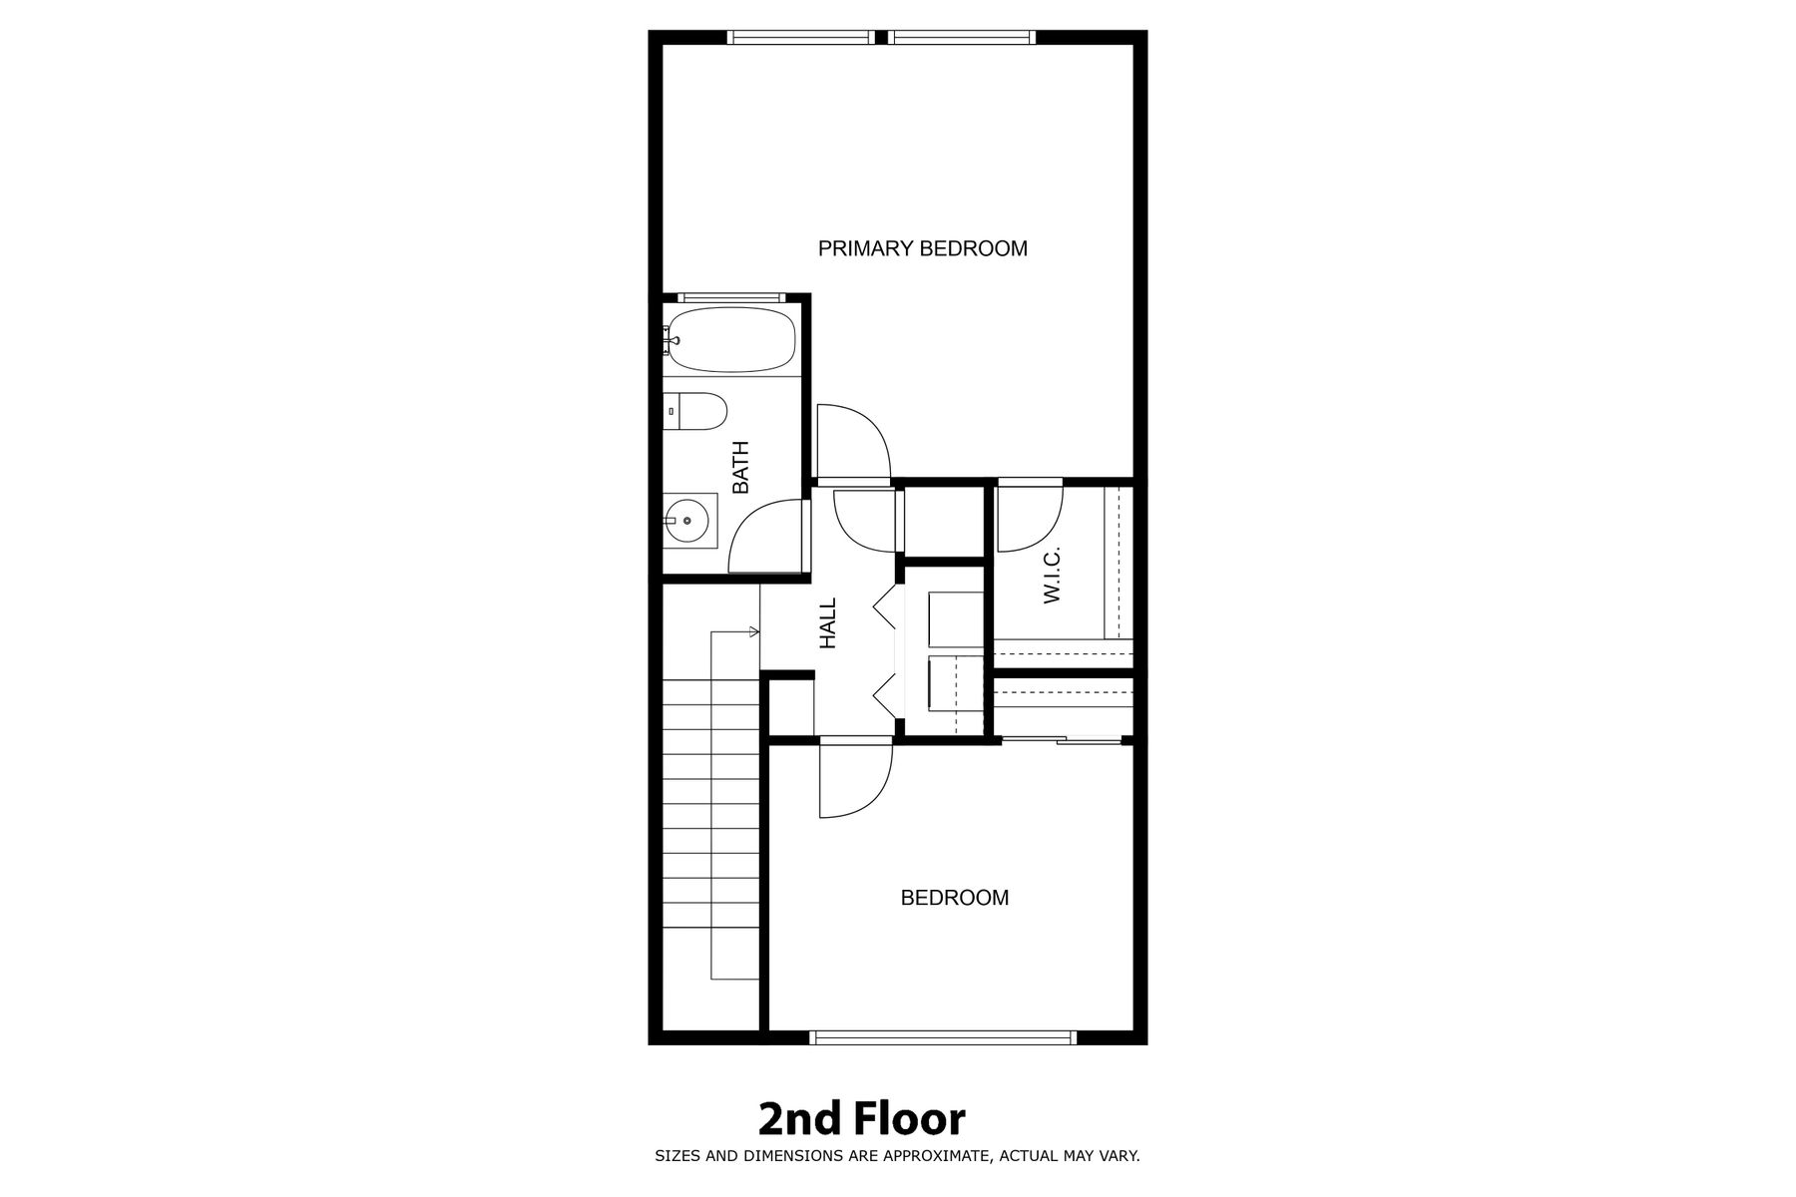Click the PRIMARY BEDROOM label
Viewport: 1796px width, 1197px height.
click(923, 248)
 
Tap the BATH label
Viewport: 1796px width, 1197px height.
click(740, 468)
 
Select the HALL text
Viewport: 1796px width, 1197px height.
click(828, 623)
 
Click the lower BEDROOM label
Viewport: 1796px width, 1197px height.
click(955, 898)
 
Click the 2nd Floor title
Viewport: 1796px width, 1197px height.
click(862, 1119)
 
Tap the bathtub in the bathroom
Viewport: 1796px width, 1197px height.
click(730, 339)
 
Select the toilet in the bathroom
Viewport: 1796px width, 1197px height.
click(695, 411)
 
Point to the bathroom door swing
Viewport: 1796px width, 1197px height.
click(766, 536)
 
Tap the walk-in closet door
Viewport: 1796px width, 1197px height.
click(1031, 517)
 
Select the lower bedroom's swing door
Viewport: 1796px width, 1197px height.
click(855, 779)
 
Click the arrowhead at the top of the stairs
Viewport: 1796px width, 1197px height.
click(754, 630)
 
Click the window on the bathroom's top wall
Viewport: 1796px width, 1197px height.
click(730, 296)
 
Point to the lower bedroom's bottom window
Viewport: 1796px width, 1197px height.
click(944, 1037)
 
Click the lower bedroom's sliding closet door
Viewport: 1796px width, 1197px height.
click(1062, 739)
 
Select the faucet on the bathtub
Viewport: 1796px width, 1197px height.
click(670, 340)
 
